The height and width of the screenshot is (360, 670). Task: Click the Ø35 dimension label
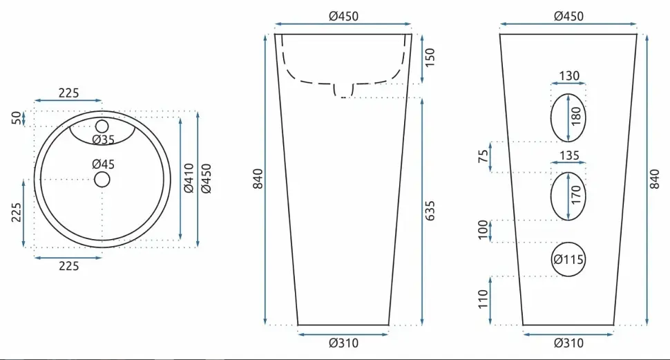point(104,140)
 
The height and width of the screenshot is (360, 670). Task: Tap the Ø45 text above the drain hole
point(104,164)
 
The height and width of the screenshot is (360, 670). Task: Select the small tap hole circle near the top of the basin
point(102,126)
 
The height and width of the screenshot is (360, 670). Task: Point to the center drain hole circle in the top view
point(102,180)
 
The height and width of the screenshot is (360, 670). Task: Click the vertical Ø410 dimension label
point(189,178)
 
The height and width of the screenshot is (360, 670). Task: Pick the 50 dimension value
point(16,117)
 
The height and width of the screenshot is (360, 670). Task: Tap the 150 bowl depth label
point(430,57)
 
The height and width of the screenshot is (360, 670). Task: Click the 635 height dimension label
point(430,211)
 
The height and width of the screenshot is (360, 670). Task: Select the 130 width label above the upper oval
point(569,76)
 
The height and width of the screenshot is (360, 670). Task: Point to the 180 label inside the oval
point(576,116)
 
